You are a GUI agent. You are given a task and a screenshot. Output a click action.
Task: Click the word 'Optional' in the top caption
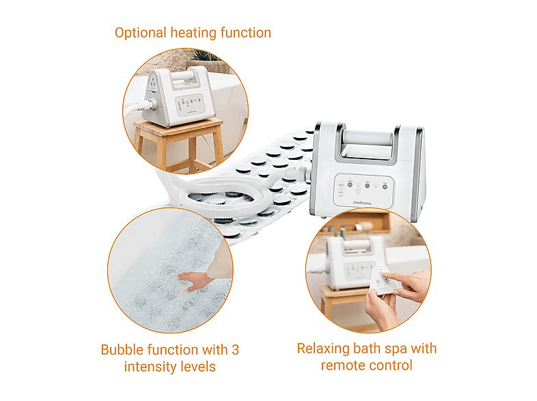[141, 33]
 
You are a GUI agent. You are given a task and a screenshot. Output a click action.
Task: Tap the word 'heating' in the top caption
[193, 33]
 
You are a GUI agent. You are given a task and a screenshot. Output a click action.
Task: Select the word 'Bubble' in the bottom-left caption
[122, 350]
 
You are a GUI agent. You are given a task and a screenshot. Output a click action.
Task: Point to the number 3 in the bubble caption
[235, 350]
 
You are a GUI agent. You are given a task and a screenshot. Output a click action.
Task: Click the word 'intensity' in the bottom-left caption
[151, 367]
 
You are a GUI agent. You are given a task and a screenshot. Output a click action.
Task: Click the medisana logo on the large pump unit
[361, 203]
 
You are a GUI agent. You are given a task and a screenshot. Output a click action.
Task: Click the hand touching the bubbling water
[195, 280]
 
